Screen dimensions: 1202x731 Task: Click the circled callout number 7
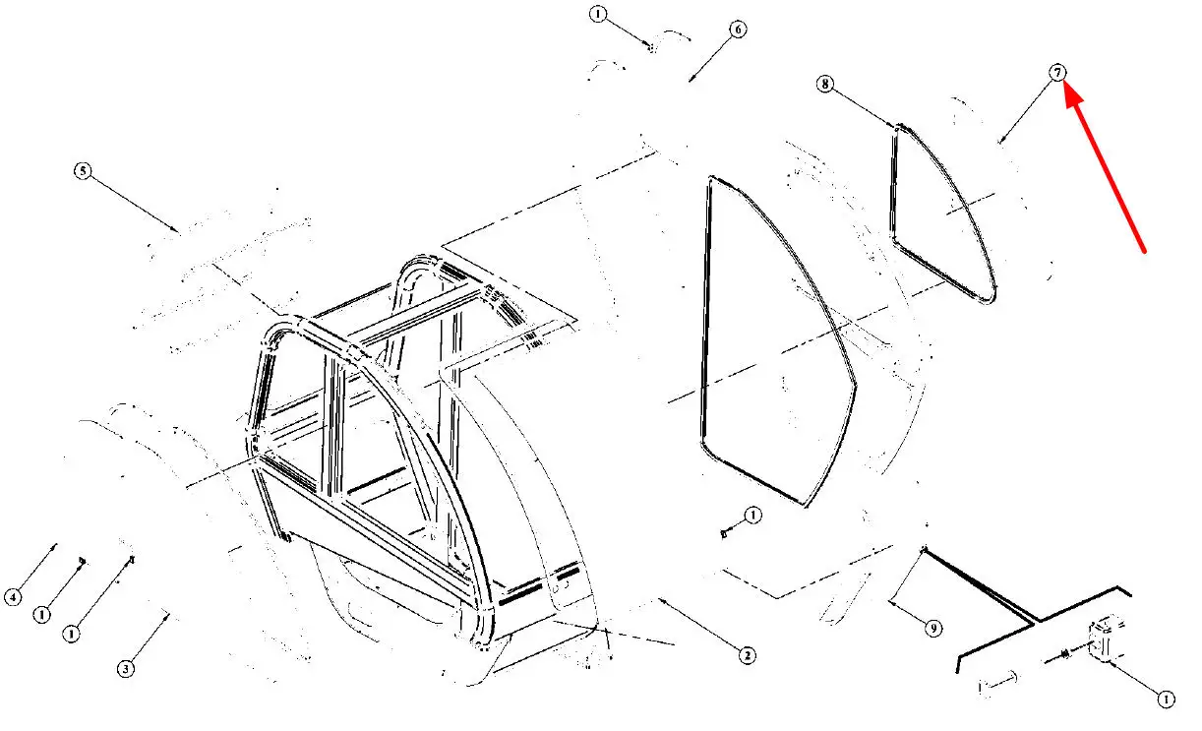1057,72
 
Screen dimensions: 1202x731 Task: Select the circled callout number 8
825,85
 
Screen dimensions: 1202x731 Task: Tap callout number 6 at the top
738,30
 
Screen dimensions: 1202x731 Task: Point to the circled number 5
82,171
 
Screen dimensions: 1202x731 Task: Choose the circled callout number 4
13,596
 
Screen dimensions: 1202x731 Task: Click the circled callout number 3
126,669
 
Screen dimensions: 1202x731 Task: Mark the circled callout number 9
933,628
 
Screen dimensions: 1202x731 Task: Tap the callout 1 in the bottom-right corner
1165,700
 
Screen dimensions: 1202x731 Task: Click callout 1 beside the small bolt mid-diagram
752,515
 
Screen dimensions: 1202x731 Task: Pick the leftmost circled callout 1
41,614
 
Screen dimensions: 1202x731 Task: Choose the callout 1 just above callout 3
71,635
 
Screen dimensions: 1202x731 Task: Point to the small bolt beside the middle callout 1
725,532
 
